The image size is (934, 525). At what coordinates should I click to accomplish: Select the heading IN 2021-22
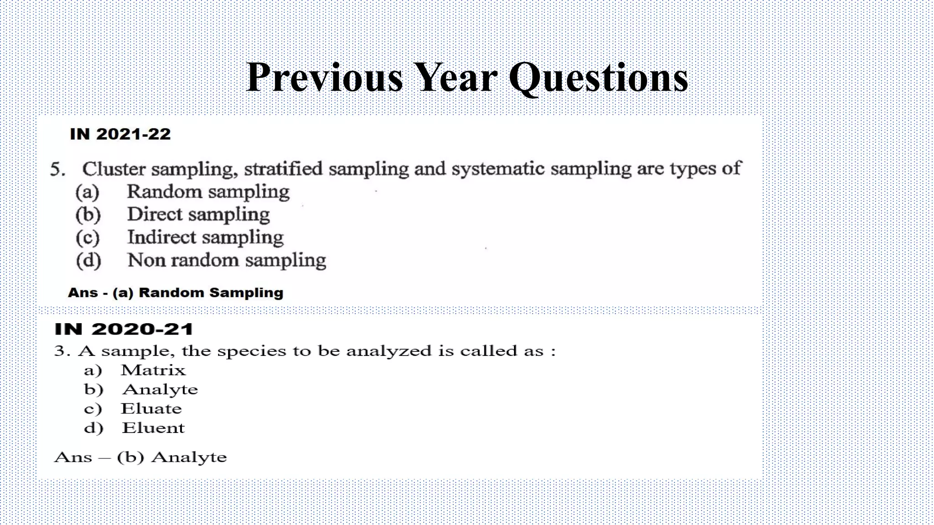click(x=120, y=134)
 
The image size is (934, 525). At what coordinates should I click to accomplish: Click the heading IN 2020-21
click(x=124, y=329)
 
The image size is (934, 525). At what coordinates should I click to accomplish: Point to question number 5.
click(x=57, y=170)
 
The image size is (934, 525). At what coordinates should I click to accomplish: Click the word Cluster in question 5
click(x=114, y=169)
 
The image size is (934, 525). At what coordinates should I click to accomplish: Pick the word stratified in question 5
click(x=283, y=169)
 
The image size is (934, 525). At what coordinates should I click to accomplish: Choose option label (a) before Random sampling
click(x=88, y=192)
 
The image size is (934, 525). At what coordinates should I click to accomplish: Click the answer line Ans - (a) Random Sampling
click(x=176, y=293)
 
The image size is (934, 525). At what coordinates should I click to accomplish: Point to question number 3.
click(x=62, y=351)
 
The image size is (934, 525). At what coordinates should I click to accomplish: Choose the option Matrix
click(x=153, y=370)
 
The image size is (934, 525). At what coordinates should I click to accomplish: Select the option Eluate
click(x=151, y=409)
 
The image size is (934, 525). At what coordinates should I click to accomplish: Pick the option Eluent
click(x=153, y=428)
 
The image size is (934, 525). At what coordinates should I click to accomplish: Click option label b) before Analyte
click(x=93, y=390)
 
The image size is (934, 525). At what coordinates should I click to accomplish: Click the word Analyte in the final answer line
click(x=189, y=457)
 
